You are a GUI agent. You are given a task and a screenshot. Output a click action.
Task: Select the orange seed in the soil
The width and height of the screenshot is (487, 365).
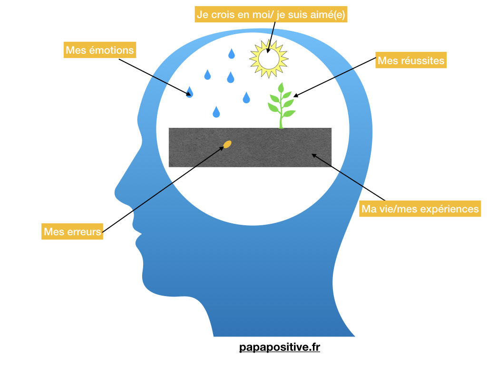coord(227,144)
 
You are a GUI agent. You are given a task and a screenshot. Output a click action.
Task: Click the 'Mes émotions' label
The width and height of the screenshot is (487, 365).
coord(100,50)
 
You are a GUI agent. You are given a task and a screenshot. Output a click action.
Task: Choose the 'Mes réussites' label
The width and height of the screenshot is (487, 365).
coord(411,61)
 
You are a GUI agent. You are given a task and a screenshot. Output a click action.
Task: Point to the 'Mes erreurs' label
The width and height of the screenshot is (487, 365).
coord(72,232)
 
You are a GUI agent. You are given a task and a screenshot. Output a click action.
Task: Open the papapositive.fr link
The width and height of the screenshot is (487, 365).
coord(280,348)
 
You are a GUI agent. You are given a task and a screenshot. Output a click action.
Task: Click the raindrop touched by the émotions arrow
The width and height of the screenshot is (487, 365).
coord(190,92)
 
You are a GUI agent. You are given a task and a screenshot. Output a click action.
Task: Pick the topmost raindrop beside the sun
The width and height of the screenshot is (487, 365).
coord(232,53)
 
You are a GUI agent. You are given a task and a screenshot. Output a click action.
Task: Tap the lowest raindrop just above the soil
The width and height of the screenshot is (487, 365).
coord(216,112)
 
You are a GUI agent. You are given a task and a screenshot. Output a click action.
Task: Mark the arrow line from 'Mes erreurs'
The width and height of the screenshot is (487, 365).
coord(162,190)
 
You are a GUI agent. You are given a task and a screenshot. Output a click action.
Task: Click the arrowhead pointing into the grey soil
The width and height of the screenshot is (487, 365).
coord(314,155)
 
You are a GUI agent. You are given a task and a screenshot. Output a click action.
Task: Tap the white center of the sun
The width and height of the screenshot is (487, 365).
coord(269,58)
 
